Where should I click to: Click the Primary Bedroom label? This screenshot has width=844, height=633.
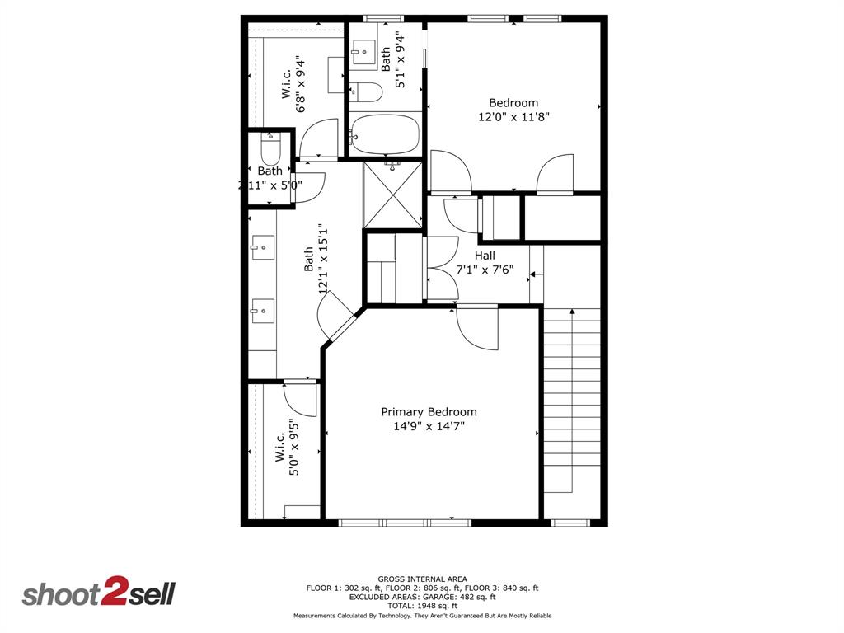click(x=429, y=412)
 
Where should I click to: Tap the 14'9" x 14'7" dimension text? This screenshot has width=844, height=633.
click(x=429, y=427)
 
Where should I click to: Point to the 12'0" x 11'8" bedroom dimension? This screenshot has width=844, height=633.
click(x=513, y=117)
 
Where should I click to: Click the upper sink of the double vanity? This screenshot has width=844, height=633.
click(x=263, y=246)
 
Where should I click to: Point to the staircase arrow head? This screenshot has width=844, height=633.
click(x=571, y=312)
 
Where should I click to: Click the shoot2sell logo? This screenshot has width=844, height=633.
click(x=98, y=593)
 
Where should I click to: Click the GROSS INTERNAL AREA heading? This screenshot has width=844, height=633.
click(x=422, y=579)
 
